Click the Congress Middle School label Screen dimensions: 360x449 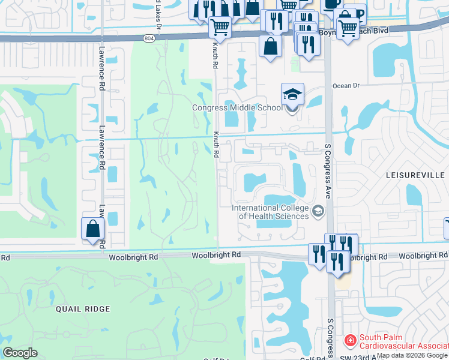click(237, 108)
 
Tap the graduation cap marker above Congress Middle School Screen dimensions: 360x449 click(292, 95)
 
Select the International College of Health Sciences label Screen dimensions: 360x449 click(270, 212)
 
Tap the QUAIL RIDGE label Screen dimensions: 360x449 click(83, 309)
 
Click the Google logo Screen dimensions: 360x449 click(20, 353)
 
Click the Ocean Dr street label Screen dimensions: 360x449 click(346, 86)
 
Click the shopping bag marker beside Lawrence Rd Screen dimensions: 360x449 click(92, 229)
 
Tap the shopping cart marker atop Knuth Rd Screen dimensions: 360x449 click(220, 26)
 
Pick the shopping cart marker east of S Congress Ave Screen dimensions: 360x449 click(348, 27)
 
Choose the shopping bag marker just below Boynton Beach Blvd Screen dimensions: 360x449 click(271, 46)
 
